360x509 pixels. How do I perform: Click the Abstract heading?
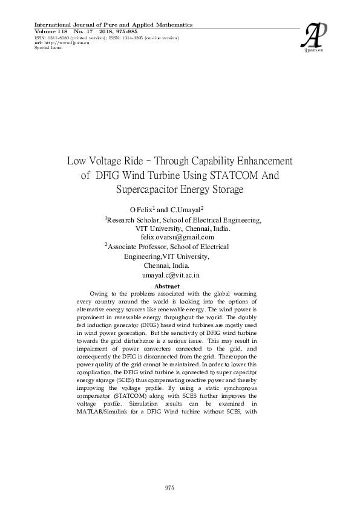point(167,286)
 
